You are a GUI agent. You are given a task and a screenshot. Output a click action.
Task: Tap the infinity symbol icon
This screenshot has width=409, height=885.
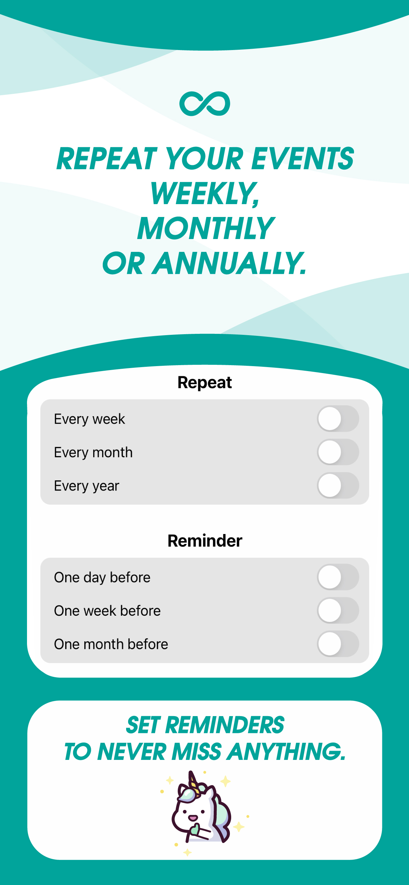(205, 104)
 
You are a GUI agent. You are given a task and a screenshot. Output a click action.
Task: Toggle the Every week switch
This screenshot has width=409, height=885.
(338, 418)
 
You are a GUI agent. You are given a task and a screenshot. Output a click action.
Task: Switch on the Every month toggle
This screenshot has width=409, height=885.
(338, 452)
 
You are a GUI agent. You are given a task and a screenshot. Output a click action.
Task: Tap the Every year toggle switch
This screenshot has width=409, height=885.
(338, 485)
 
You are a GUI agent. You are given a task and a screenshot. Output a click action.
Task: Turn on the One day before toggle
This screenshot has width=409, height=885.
(338, 577)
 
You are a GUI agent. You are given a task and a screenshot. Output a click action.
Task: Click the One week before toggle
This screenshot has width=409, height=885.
(338, 610)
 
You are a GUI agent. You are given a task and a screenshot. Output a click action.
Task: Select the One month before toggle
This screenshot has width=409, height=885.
(338, 643)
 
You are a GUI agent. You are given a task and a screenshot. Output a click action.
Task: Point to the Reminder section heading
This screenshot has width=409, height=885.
(205, 541)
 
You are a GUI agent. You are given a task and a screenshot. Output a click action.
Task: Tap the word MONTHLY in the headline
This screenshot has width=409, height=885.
(205, 228)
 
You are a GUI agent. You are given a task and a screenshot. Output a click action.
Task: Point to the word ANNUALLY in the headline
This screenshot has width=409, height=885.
(229, 263)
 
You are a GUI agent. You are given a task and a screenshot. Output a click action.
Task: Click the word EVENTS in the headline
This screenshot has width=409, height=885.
(302, 158)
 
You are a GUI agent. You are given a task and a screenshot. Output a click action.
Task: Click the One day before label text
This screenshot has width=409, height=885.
(102, 577)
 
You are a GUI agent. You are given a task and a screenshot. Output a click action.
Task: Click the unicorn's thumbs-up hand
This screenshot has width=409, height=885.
(195, 829)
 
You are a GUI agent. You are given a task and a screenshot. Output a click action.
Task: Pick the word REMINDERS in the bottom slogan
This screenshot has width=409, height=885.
(225, 725)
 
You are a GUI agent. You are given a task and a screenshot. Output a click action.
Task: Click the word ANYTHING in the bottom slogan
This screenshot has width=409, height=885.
(286, 752)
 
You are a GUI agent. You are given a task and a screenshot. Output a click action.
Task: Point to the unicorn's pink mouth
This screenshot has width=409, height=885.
(193, 818)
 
